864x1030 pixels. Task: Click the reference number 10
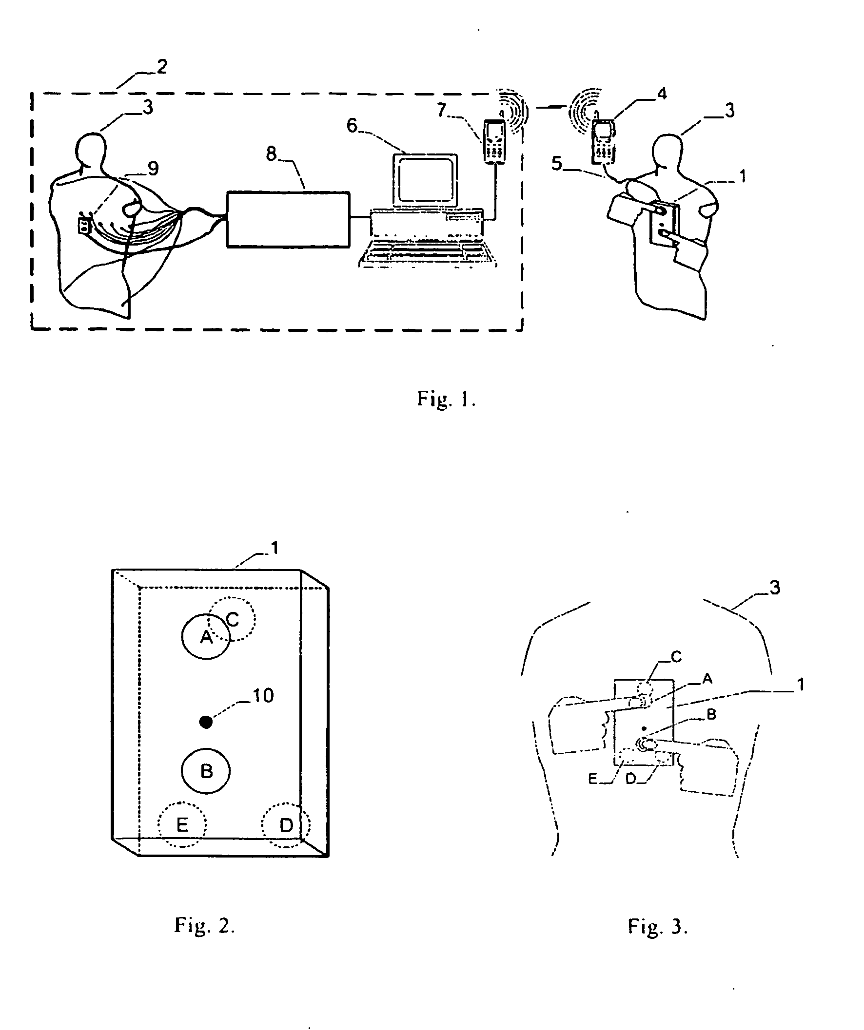pos(263,695)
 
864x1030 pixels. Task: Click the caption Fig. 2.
pos(205,925)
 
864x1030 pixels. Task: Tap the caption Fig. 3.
pos(658,926)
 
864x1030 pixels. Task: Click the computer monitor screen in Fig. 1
pos(425,180)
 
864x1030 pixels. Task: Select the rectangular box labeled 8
pos(288,219)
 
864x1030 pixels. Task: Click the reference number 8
pos(271,154)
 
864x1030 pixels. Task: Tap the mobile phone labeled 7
pos(494,141)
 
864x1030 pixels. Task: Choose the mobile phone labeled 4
pos(603,141)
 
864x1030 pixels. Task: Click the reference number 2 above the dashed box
pos(162,66)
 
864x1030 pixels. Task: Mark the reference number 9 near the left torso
pos(153,169)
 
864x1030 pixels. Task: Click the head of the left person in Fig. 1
pos(92,150)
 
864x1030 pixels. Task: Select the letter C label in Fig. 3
pos(676,656)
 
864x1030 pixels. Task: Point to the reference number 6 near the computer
pos(352,126)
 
